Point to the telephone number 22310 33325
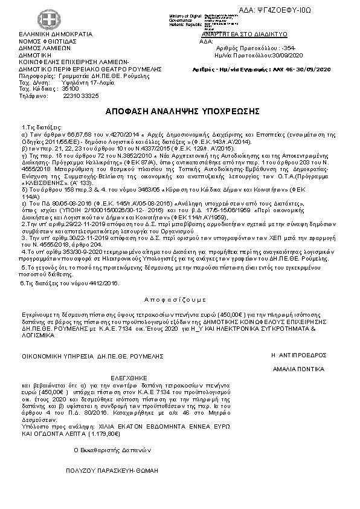coord(81,96)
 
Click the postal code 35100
coord(71,89)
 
